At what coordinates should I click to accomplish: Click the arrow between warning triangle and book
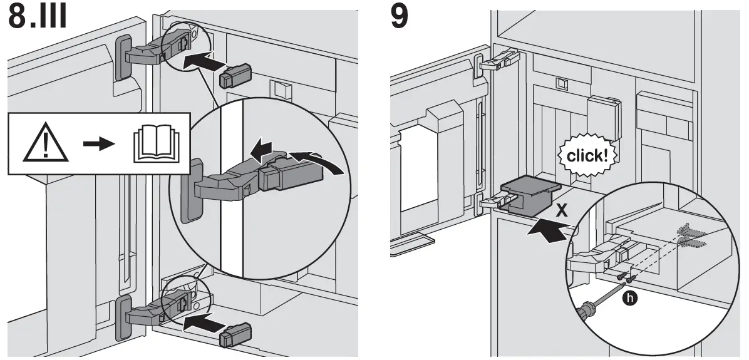(x=99, y=144)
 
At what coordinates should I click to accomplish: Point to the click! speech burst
(x=587, y=156)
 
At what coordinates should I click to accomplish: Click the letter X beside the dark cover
(x=562, y=210)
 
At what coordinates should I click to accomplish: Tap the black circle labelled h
(x=631, y=299)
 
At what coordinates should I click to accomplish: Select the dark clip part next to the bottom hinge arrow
(x=235, y=335)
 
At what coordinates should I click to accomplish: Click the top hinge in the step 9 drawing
(x=500, y=61)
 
